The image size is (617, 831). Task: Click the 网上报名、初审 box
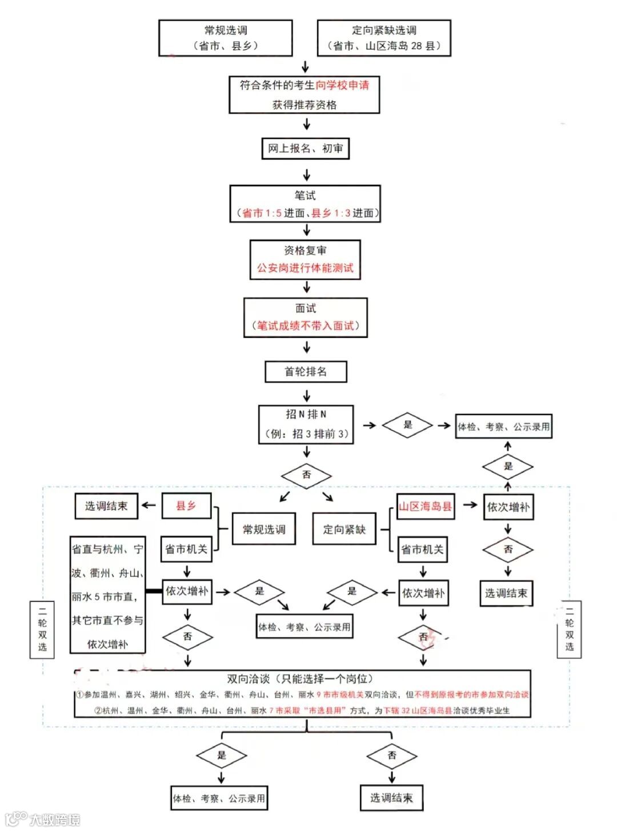305,148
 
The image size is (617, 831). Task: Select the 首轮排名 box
306,372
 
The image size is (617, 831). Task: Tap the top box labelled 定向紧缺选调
384,38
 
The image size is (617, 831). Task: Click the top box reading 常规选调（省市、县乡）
226,38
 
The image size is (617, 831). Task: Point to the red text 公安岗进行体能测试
305,268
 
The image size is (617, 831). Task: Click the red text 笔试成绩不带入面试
306,326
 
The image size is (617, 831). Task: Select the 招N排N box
306,424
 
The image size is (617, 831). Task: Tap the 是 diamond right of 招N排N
408,425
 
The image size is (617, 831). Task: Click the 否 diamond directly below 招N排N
306,475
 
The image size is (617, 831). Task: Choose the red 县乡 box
186,506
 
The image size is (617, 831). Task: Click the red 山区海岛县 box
425,507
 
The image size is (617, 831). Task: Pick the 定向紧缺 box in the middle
344,529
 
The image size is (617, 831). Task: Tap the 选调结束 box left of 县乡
106,506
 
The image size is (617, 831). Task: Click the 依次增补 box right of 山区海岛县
508,507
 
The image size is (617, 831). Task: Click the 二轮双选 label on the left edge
42,629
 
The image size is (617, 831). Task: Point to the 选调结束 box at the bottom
391,798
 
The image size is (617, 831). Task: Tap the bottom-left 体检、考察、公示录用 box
219,798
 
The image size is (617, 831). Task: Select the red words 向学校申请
342,86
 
